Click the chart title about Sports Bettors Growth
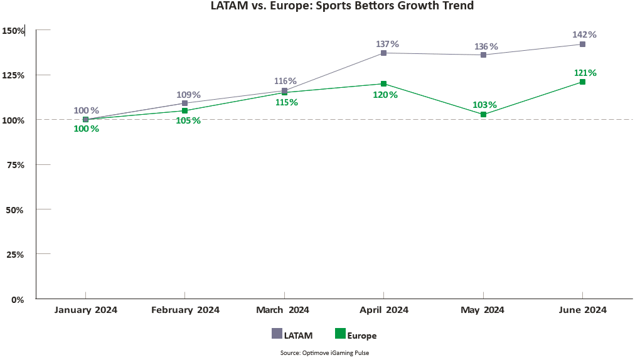(x=342, y=6)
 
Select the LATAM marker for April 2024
(x=383, y=53)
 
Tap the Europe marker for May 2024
(x=483, y=114)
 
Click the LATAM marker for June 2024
(x=582, y=44)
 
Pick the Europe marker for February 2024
(x=184, y=110)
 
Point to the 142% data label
(x=584, y=34)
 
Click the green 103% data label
(x=484, y=105)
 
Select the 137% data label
(x=387, y=44)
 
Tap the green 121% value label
(x=585, y=73)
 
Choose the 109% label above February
(x=188, y=95)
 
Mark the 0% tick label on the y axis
(x=18, y=299)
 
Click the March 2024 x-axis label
(x=283, y=310)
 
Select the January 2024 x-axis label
(x=86, y=310)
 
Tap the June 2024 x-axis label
(x=583, y=310)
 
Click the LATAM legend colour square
(x=277, y=334)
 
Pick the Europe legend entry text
(x=362, y=336)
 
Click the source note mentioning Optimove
(x=324, y=353)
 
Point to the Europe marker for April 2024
(x=383, y=83)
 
